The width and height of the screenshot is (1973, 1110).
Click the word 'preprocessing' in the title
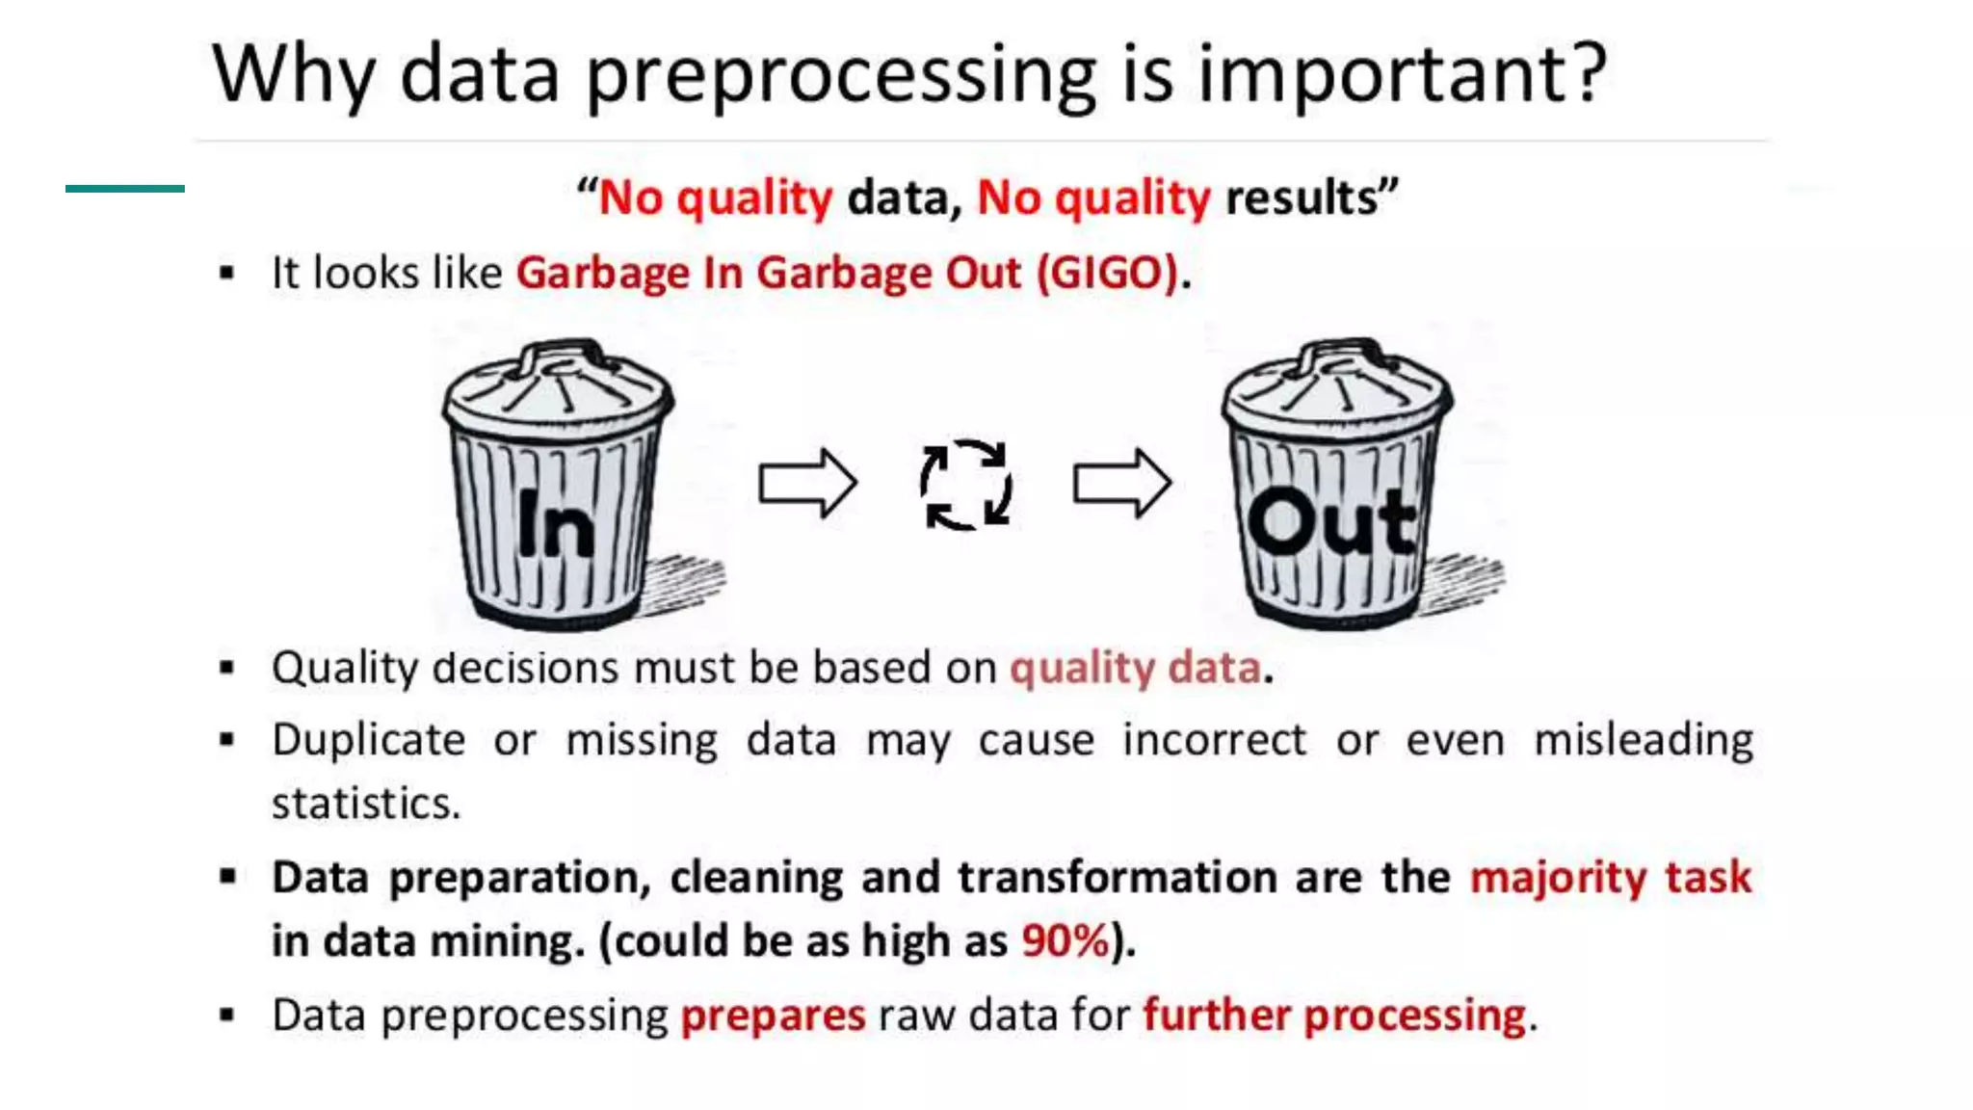coord(841,75)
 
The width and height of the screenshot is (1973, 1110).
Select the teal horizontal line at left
coord(125,189)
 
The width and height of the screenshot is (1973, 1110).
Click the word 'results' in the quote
coord(1302,198)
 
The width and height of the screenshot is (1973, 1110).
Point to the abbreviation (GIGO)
coord(1108,273)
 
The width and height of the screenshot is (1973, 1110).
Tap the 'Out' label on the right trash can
coord(1332,523)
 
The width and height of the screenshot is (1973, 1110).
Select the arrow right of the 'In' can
coord(807,483)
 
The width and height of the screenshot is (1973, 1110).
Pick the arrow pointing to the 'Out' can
coord(1122,483)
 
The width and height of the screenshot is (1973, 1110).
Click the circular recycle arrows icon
coord(965,485)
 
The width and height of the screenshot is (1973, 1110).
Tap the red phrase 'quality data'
coord(1135,668)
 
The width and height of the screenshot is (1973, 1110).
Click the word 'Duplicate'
coord(369,740)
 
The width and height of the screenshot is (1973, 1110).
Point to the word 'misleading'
coord(1643,740)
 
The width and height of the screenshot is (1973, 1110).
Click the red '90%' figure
coord(1065,940)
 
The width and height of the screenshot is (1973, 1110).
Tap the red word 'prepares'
coord(773,1016)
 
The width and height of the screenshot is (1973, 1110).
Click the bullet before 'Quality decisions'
coord(227,667)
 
